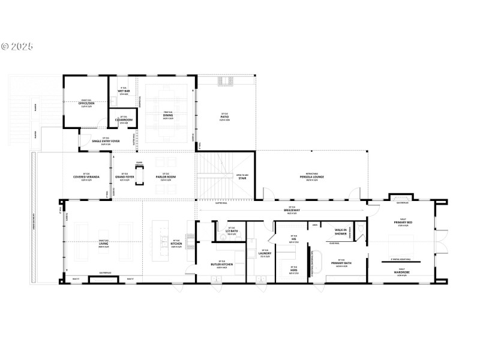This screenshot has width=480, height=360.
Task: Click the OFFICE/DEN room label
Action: click(x=86, y=103)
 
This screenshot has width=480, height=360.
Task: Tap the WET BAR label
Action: click(x=124, y=91)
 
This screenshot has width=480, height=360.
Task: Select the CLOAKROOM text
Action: click(x=124, y=120)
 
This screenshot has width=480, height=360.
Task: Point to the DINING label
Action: click(x=167, y=115)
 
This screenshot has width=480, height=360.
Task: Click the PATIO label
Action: click(x=224, y=117)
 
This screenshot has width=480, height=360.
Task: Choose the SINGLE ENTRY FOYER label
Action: click(x=106, y=142)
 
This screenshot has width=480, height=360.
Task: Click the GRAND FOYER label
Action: click(x=124, y=177)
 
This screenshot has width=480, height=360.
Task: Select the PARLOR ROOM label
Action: click(x=166, y=177)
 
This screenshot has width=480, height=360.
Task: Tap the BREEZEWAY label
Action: click(x=292, y=211)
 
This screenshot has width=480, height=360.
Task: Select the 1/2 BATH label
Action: click(x=230, y=232)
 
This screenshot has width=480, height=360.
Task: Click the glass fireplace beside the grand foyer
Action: click(x=140, y=175)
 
